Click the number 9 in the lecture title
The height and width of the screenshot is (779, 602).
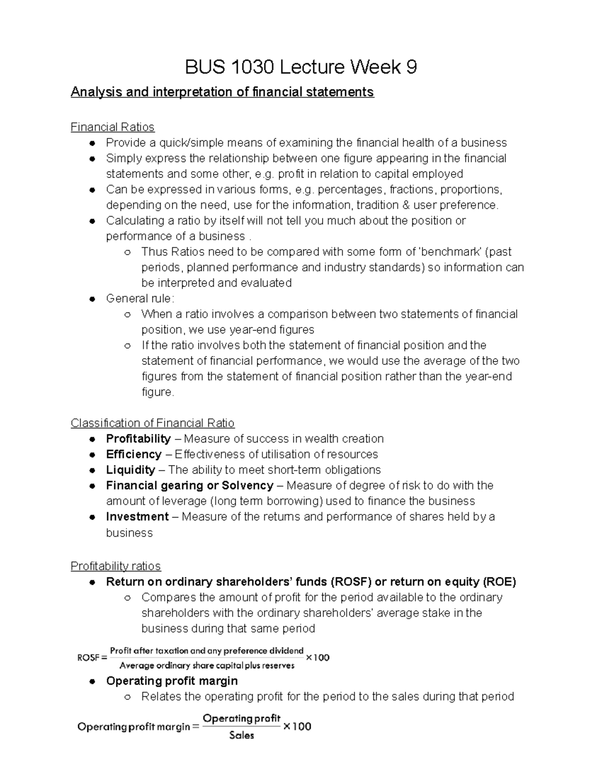[x=411, y=67]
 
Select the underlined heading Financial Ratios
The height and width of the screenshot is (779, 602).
[x=112, y=127]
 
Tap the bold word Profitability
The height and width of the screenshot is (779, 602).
[x=138, y=438]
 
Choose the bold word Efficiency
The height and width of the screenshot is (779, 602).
[x=133, y=454]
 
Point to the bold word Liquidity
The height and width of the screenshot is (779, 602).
[x=130, y=470]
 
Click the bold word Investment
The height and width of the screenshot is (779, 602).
[x=137, y=516]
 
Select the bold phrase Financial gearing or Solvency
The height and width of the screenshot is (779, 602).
[x=190, y=485]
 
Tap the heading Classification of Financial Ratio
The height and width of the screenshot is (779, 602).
[x=153, y=423]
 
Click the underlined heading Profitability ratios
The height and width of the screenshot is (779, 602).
[x=115, y=566]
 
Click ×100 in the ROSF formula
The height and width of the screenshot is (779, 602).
[x=318, y=658]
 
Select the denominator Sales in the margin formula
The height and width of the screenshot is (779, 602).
[x=241, y=735]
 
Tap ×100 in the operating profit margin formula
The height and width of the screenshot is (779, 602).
[x=297, y=726]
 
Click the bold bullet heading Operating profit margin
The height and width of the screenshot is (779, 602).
[x=172, y=681]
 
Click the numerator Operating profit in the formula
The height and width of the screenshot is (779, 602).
[x=241, y=718]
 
